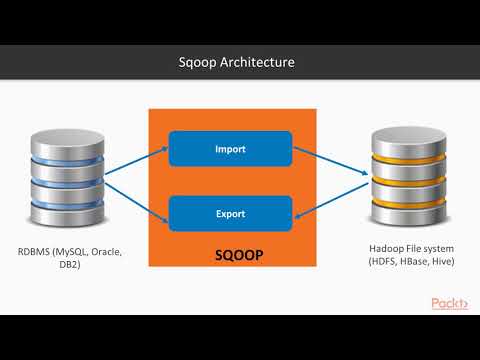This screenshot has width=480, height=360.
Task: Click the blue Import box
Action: [x=230, y=149]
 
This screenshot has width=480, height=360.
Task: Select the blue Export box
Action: [x=230, y=213]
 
